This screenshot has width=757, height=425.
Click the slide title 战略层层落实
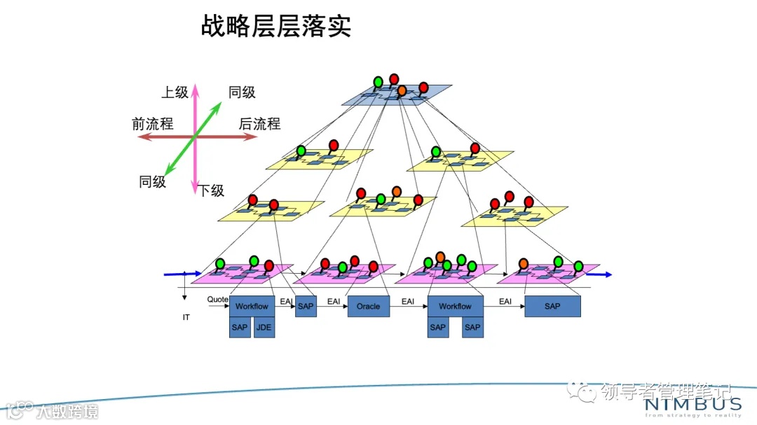pos(275,27)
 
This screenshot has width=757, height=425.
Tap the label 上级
pos(175,92)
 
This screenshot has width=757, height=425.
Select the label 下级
pos(210,190)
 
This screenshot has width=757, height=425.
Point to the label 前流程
pos(152,124)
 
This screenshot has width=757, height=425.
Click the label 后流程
pos(259,124)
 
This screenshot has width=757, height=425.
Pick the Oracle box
pos(368,306)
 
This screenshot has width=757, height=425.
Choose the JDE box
pos(264,327)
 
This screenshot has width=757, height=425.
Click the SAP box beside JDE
pos(240,327)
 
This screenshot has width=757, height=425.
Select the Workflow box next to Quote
pos(252,306)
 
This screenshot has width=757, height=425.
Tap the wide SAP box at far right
pos(552,306)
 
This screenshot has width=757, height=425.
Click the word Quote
pos(217,300)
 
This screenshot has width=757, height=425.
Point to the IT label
pos(186,317)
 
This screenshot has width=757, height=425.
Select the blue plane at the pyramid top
pos(397,96)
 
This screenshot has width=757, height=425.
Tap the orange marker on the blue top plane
pos(402,90)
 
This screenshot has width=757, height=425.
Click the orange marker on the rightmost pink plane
pos(523,263)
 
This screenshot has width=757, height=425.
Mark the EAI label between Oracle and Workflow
pos(407,301)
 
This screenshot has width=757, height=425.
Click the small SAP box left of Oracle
pos(306,306)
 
